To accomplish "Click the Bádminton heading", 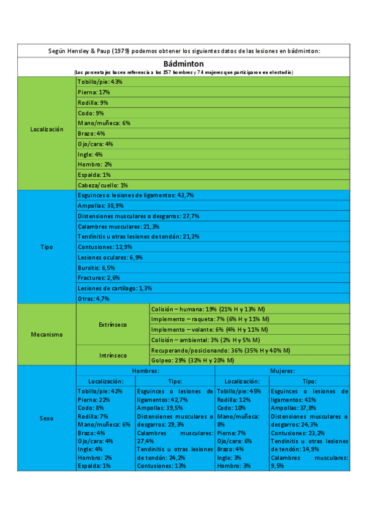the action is point(183,64).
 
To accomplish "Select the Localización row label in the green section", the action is point(47,129).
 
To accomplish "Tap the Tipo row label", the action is point(47,247).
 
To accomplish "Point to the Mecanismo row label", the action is point(47,335).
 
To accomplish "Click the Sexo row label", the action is point(47,419).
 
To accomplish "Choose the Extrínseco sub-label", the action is point(113,324).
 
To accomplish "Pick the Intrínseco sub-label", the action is point(113,355).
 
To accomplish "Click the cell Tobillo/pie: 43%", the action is point(100,81).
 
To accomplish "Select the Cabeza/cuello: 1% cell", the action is point(103,185).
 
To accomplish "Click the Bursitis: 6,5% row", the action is point(97,267).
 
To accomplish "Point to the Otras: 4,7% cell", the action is point(94,299).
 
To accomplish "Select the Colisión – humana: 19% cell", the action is point(211,309).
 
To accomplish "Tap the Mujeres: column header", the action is point(283,371).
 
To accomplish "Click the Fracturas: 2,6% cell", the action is point(99,278).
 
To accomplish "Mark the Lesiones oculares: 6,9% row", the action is point(110,257).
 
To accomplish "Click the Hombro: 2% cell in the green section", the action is point(95,164).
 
